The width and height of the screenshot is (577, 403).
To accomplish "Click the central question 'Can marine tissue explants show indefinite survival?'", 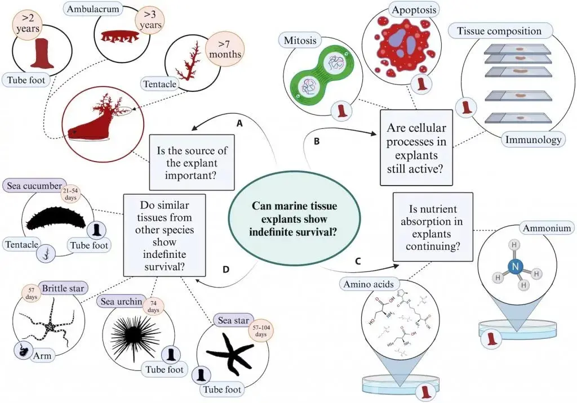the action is pos(294,218).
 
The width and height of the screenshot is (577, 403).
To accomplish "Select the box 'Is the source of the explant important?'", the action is pos(192,162).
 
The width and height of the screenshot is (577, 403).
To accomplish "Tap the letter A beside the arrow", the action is pos(239,124).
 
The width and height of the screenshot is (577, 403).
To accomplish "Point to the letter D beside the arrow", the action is pos(225,270).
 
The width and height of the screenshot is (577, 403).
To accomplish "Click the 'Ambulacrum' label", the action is pos(93,9).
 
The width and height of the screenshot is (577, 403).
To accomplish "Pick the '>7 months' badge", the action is pos(224,50).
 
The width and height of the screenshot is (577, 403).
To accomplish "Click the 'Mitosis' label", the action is pos(300,40).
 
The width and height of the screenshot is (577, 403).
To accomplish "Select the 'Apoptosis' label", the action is pos(414,10).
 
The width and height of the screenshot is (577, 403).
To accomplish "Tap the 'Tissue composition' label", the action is pos(499,31).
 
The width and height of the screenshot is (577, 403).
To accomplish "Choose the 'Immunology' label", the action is pos(533,140).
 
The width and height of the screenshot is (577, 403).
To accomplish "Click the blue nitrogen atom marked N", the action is pos(515,266).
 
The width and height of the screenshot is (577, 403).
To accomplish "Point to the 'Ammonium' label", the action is pos(547,228).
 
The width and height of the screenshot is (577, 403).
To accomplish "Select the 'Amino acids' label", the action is pos(369,284).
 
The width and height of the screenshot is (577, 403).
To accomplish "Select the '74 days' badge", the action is pos(153,307).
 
